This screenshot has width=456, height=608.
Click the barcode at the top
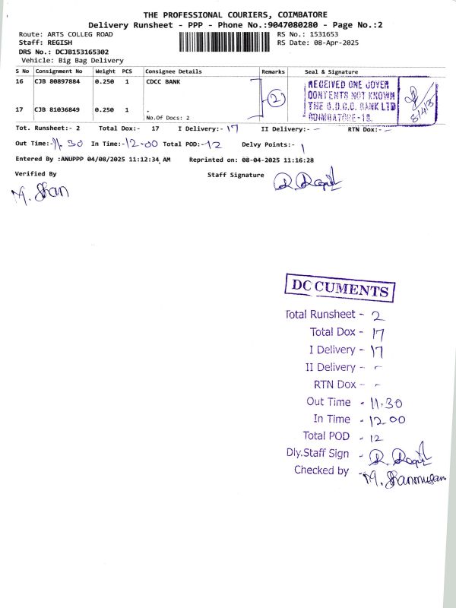coord(226,40)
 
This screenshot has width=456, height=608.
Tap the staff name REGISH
coord(56,43)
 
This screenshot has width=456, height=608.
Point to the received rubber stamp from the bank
coord(352,100)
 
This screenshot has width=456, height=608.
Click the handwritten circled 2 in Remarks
coord(278,98)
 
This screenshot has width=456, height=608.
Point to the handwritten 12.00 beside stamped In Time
coord(387,420)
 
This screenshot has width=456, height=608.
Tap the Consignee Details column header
coord(174,71)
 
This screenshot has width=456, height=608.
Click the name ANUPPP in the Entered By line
coord(72,159)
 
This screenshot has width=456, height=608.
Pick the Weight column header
coord(105,71)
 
